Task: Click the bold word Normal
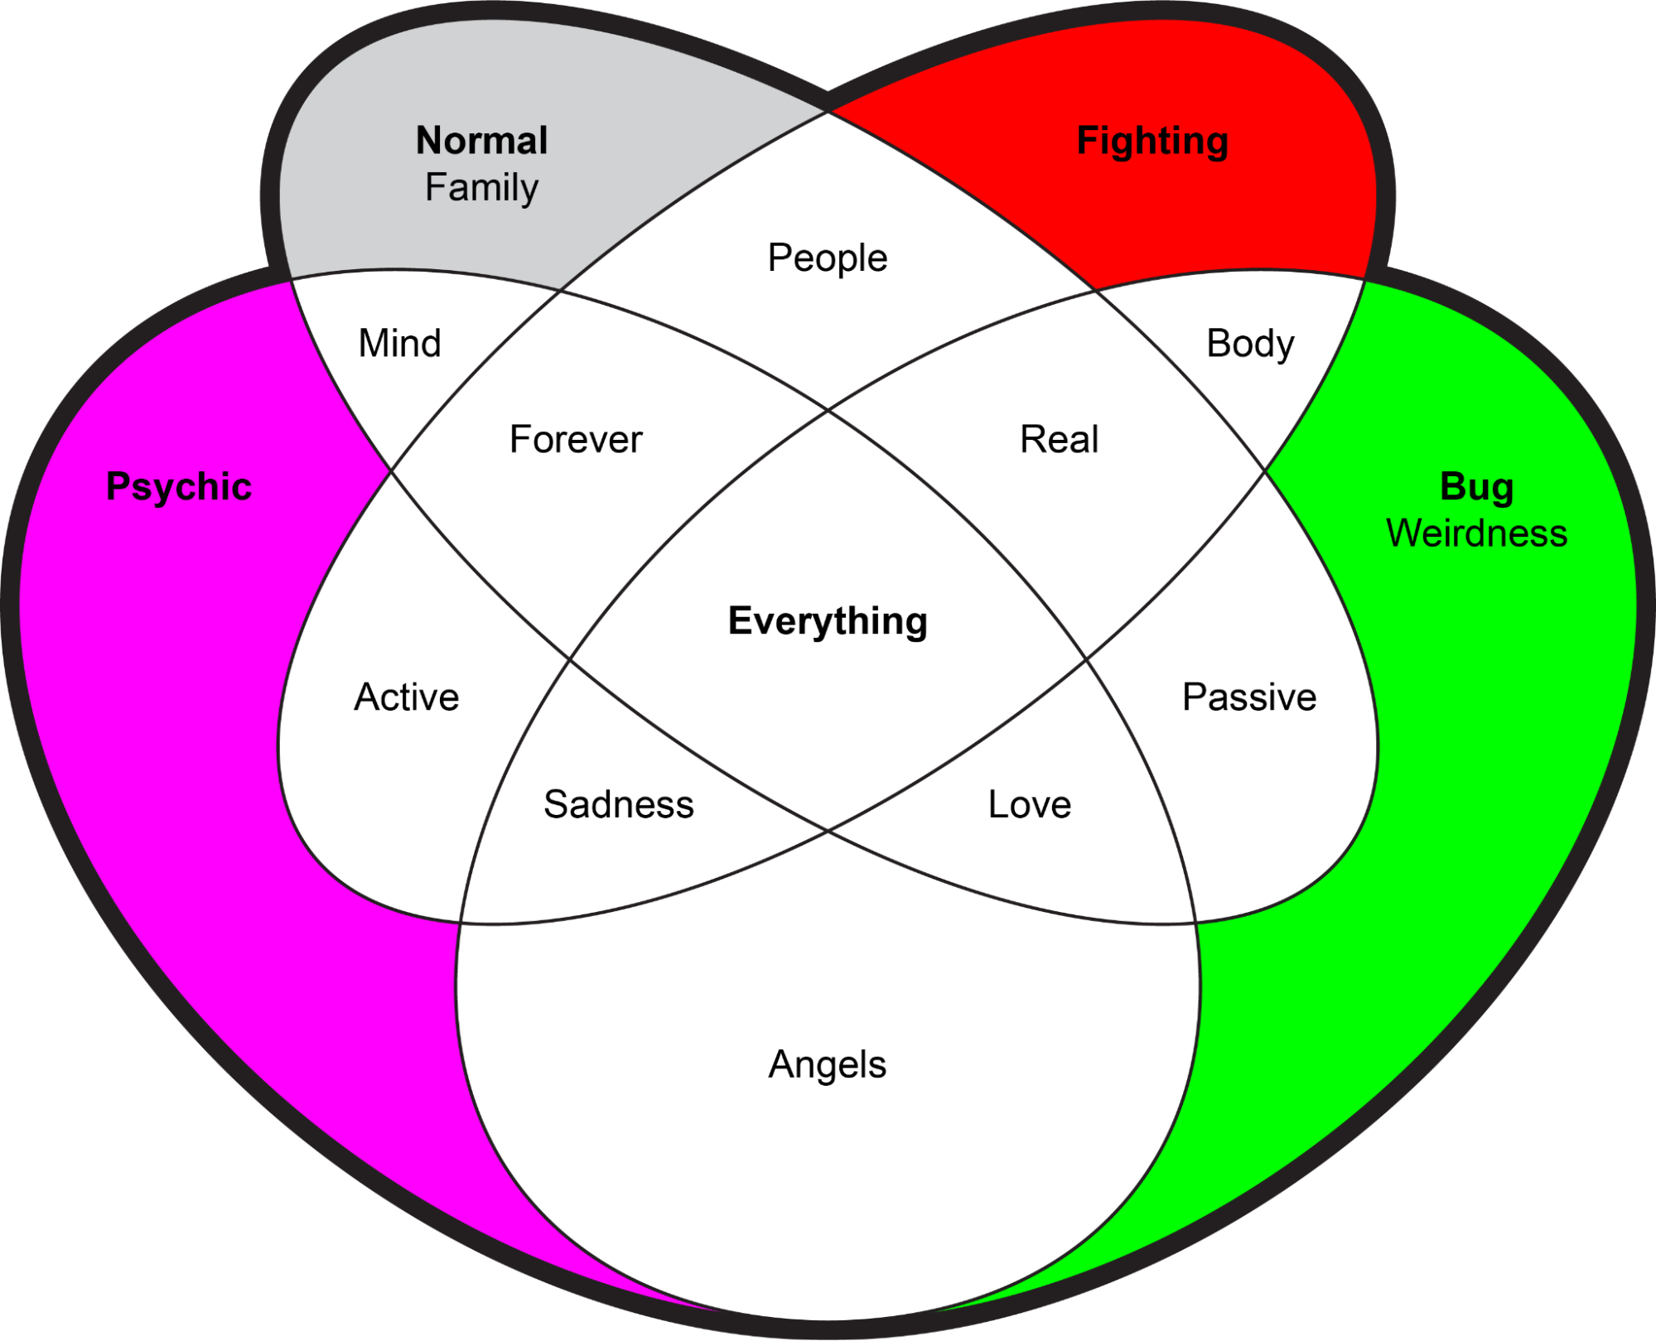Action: pyautogui.click(x=481, y=140)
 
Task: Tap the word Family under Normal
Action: pyautogui.click(x=481, y=187)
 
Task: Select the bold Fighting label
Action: pyautogui.click(x=1152, y=140)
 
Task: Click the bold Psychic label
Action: pyautogui.click(x=179, y=486)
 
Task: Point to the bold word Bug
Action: pyautogui.click(x=1476, y=486)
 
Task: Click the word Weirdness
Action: pyautogui.click(x=1476, y=533)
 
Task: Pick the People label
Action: pyautogui.click(x=828, y=258)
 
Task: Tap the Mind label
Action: pyautogui.click(x=399, y=343)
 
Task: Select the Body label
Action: pyautogui.click(x=1250, y=343)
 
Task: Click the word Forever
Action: pyautogui.click(x=576, y=439)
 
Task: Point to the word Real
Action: pyautogui.click(x=1059, y=439)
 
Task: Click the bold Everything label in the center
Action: pyautogui.click(x=828, y=620)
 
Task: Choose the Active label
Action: pyautogui.click(x=406, y=697)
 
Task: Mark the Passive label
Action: pyautogui.click(x=1249, y=697)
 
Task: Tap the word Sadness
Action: pyautogui.click(x=619, y=804)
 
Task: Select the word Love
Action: pyautogui.click(x=1030, y=804)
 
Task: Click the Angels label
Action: pyautogui.click(x=828, y=1064)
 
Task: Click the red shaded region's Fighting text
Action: pyautogui.click(x=1152, y=140)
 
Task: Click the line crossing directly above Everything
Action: pyautogui.click(x=828, y=409)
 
